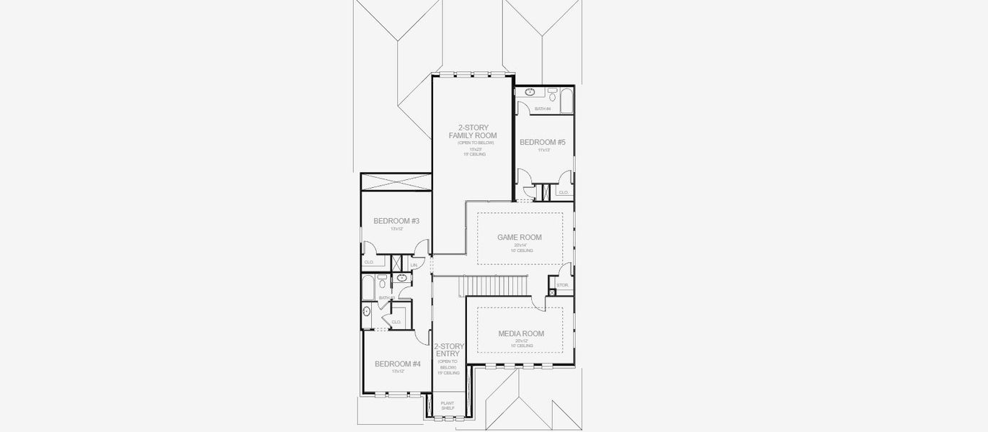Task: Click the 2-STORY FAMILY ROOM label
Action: coord(472,132)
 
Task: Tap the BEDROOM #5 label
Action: coord(543,143)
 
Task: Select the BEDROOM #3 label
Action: coord(396,221)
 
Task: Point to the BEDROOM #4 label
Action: coord(397,364)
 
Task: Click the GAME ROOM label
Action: coord(520,237)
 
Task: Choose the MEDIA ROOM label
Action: coord(521,333)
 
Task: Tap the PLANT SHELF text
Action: coord(448,405)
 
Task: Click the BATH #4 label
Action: coord(542,109)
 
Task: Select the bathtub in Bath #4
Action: coord(566,100)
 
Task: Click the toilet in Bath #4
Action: coord(552,94)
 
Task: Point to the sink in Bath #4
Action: coord(530,92)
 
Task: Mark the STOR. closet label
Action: coord(563,285)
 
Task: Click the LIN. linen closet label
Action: coord(414,266)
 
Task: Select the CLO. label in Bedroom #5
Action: coord(564,192)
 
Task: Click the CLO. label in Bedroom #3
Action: coord(369,263)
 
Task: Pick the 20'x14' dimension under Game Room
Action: coord(520,246)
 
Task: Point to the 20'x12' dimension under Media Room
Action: coord(521,341)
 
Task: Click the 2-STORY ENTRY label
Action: coord(448,350)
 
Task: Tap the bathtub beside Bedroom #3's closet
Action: coord(368,286)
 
